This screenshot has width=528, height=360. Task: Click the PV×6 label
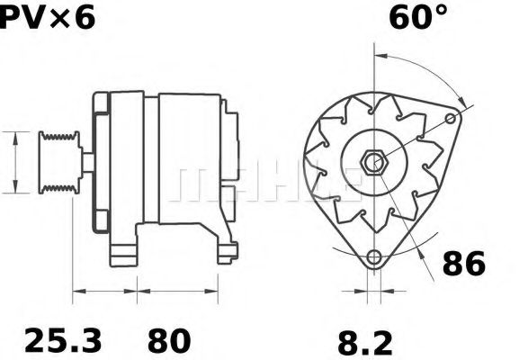click(47, 17)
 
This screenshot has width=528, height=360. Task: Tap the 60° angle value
click(417, 17)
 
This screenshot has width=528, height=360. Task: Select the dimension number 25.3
click(62, 340)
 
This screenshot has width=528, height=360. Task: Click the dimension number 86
click(463, 265)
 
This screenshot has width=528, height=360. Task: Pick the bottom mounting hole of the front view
click(372, 257)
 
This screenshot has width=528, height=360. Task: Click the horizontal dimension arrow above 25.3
click(104, 291)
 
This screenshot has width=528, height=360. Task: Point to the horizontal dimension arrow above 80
click(177, 291)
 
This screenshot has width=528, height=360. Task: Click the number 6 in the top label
click(83, 17)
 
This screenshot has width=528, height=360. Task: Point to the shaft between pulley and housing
click(89, 162)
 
